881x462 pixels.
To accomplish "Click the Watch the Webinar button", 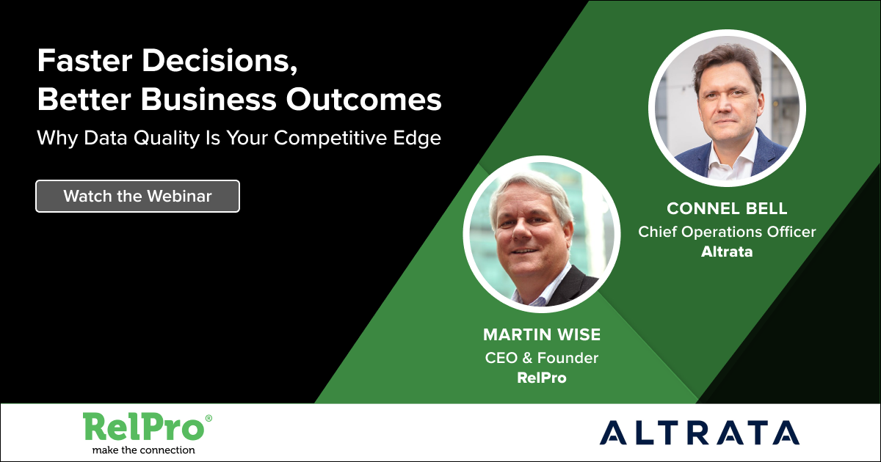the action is pyautogui.click(x=138, y=196).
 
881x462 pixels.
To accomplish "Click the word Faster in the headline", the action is pyautogui.click(x=85, y=61).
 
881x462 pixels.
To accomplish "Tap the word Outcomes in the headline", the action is pyautogui.click(x=364, y=100).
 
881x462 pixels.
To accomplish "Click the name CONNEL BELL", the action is pyautogui.click(x=727, y=208).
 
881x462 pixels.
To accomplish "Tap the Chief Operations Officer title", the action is pyautogui.click(x=727, y=232).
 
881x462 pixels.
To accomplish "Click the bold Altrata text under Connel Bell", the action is pyautogui.click(x=727, y=252).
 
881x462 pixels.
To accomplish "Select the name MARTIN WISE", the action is pyautogui.click(x=542, y=334).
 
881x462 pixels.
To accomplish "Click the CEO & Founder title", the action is pyautogui.click(x=542, y=358).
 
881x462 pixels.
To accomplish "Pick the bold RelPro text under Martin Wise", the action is pyautogui.click(x=542, y=378).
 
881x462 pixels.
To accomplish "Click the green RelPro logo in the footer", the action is pyautogui.click(x=144, y=428).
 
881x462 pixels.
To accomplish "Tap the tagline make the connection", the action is pyautogui.click(x=144, y=450).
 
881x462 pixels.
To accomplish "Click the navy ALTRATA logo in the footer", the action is pyautogui.click(x=699, y=433).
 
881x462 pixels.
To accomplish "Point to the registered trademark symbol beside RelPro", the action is pyautogui.click(x=209, y=418).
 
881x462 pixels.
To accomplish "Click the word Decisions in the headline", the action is pyautogui.click(x=220, y=61).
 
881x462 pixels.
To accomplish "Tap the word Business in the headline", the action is pyautogui.click(x=209, y=100).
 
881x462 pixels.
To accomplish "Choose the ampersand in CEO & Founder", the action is pyautogui.click(x=527, y=358).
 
